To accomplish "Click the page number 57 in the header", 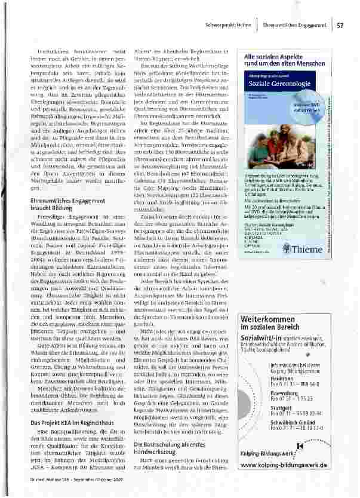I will tap(340, 25).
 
